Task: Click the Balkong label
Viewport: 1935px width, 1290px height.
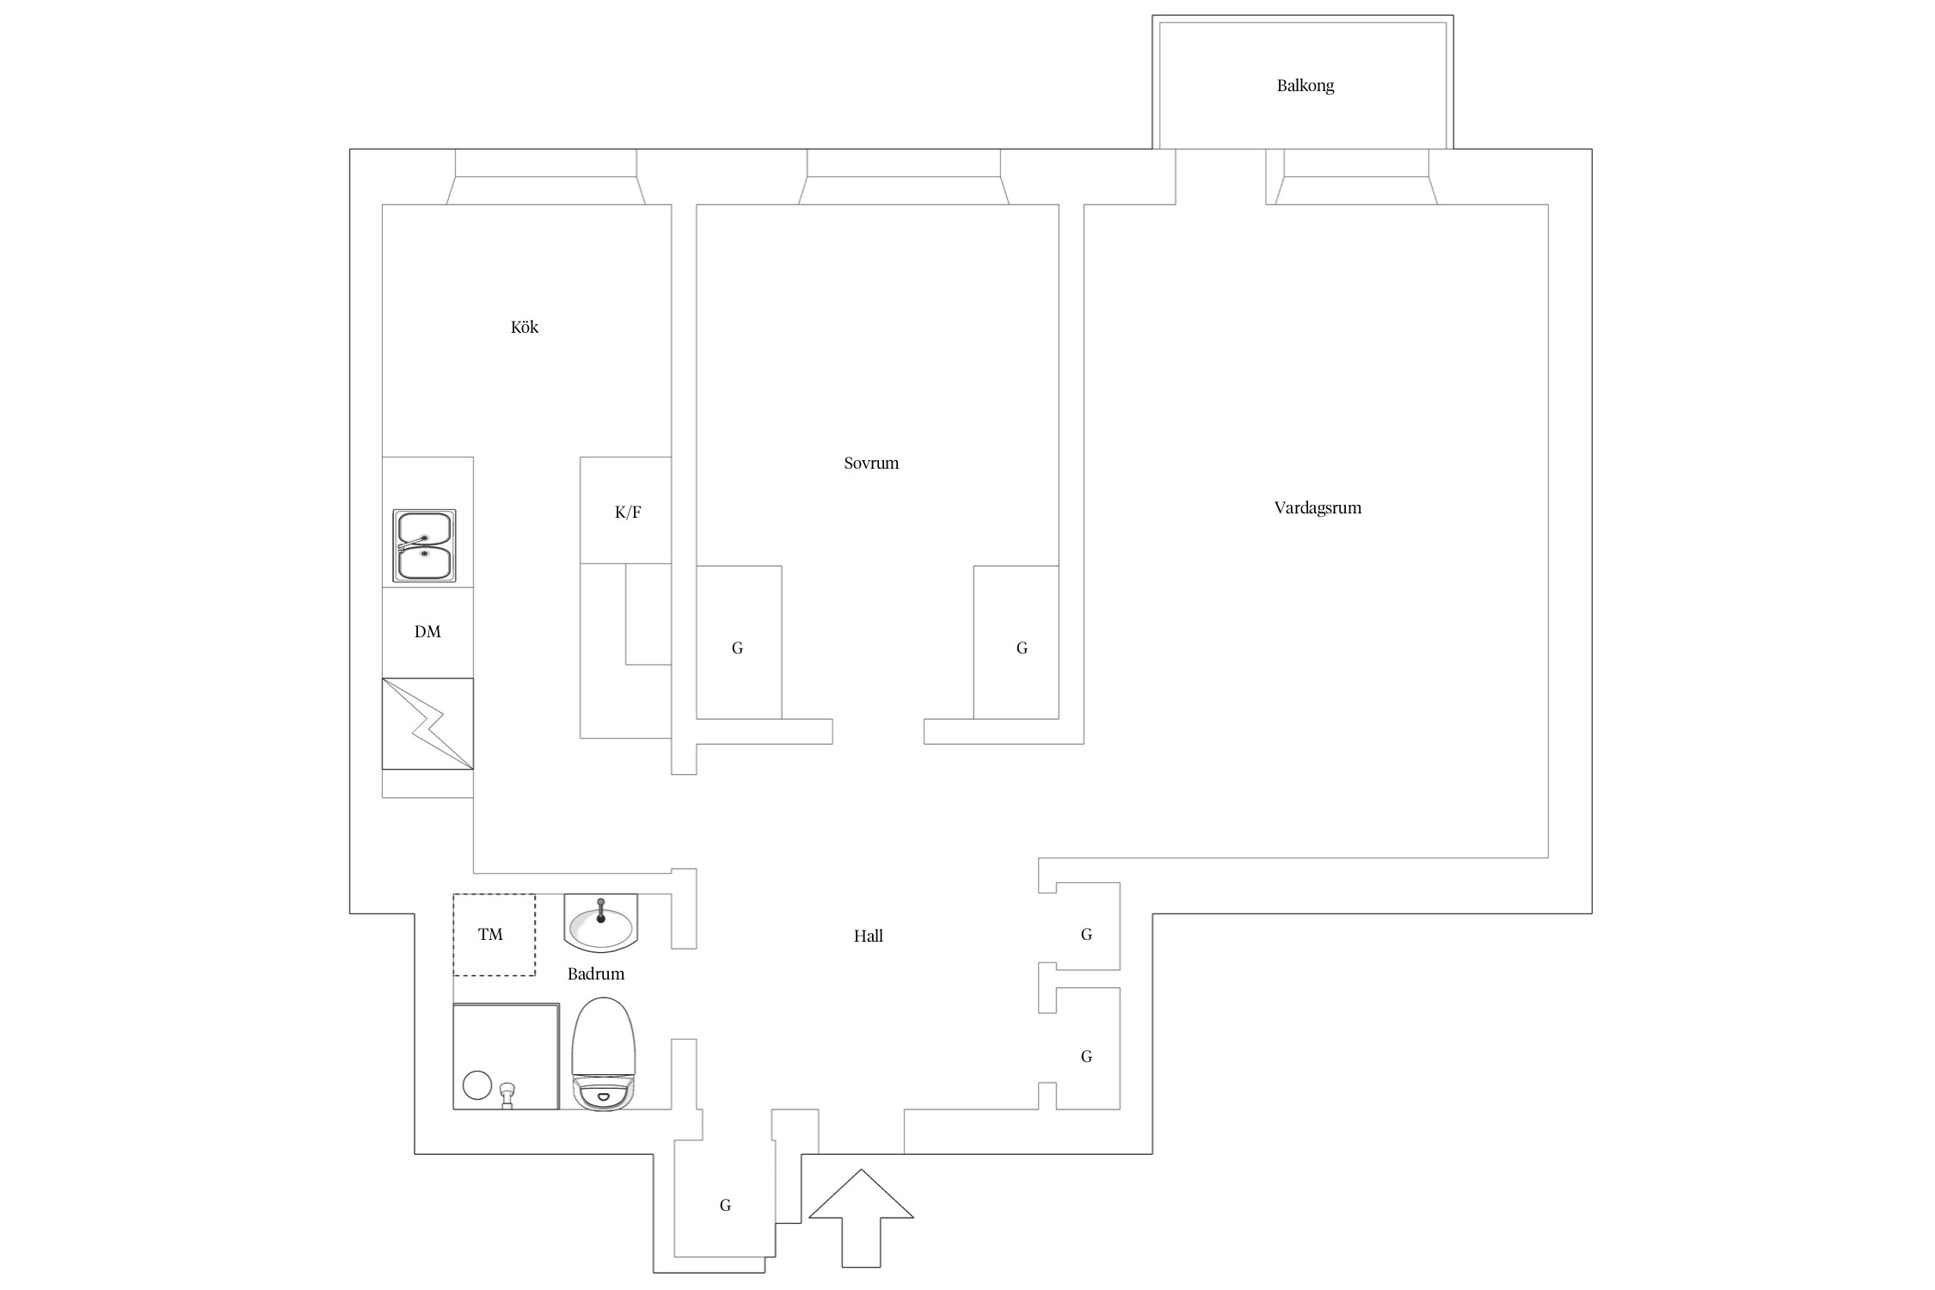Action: point(1305,86)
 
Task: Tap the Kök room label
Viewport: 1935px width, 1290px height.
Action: point(525,327)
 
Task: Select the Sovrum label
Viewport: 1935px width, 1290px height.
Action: point(871,463)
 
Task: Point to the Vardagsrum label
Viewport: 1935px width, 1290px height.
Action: point(1318,508)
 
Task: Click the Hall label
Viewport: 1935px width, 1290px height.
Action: point(869,936)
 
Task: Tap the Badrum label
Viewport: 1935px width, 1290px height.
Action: point(596,974)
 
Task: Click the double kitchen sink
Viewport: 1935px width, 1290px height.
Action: point(425,545)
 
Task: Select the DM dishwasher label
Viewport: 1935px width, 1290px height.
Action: point(427,632)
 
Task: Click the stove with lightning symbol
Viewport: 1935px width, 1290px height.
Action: point(427,724)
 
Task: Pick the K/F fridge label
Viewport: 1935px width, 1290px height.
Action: point(628,513)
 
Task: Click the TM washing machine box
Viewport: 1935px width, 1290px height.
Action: point(494,935)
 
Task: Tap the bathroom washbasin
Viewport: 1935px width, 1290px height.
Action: point(601,923)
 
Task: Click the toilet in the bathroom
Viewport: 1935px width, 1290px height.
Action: point(604,1053)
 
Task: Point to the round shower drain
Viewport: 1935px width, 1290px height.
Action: point(477,1085)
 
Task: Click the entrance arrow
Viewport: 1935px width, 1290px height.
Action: point(861,1218)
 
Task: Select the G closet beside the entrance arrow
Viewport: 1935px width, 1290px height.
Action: point(725,1206)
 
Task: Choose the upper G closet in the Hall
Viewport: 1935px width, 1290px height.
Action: point(1087,934)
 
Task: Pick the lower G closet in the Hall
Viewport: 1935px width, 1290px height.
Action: point(1087,1056)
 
